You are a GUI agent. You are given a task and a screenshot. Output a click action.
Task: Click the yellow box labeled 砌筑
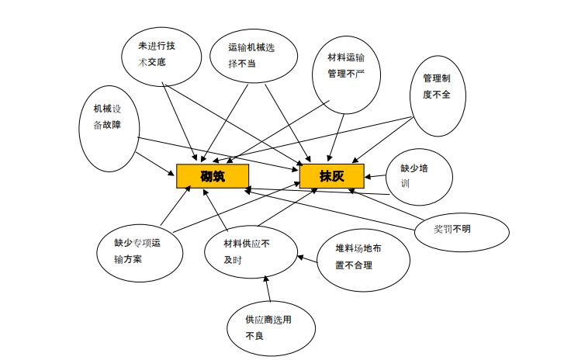click(212, 176)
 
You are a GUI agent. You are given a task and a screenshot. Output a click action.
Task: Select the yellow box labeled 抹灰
click(331, 176)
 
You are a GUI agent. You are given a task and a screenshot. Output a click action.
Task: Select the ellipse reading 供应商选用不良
click(270, 327)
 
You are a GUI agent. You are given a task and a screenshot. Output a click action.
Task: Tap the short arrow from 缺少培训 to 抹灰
click(375, 177)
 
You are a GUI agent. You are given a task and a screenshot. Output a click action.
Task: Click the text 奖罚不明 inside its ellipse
click(452, 228)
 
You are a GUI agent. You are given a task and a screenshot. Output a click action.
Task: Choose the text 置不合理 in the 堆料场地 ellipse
click(354, 265)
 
